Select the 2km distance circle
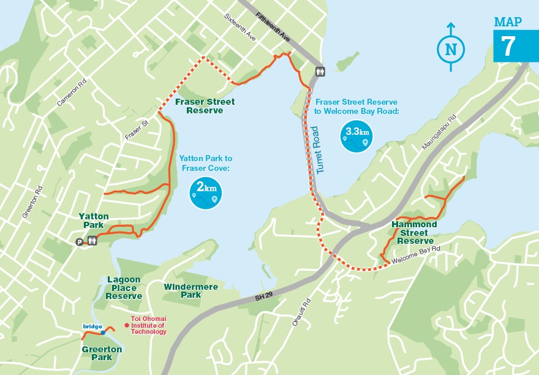(206, 192)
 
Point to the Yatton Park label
(94, 221)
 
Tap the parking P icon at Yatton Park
(79, 242)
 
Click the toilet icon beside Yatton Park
(92, 241)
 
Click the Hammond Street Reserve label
(414, 232)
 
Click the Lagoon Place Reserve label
(123, 287)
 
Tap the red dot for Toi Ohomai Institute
(126, 325)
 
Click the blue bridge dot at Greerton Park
(103, 332)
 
